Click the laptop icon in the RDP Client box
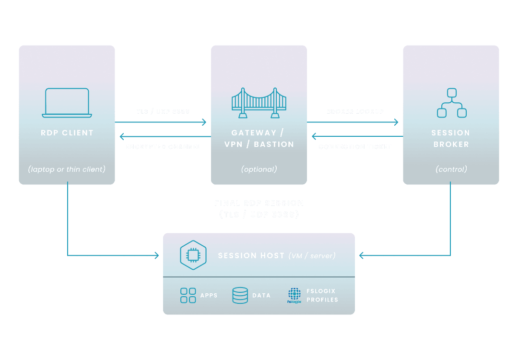[x=67, y=103]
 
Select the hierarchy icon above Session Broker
[x=451, y=103]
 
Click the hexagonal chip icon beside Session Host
[x=192, y=256]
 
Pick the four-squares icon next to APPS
[x=188, y=295]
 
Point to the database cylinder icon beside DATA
[x=240, y=295]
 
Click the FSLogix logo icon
[x=294, y=296]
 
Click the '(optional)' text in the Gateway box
[x=259, y=169]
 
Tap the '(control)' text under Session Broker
[x=451, y=169]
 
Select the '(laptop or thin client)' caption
[x=67, y=169]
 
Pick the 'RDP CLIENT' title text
[x=67, y=133]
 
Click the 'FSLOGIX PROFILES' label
[x=322, y=295]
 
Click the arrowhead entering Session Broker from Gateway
[x=396, y=122]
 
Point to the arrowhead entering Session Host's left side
[x=156, y=256]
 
